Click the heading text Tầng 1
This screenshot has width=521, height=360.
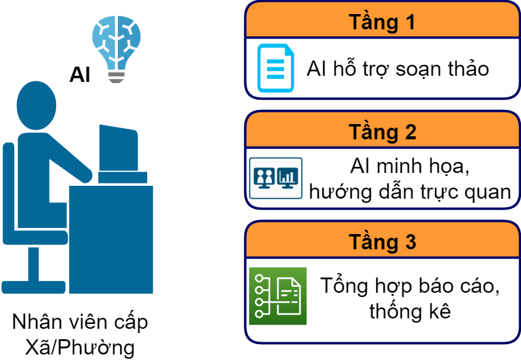point(382,22)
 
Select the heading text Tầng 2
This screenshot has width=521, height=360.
point(382,131)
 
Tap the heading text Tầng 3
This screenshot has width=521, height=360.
point(382,241)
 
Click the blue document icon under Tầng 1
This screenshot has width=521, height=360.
point(275,68)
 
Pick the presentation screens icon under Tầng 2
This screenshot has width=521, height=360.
point(275,178)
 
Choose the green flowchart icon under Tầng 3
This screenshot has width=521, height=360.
point(277,296)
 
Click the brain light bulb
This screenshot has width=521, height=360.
point(117,43)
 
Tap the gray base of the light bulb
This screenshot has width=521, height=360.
point(116,77)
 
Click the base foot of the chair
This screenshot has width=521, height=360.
point(34,286)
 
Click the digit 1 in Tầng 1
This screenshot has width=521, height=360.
point(409,22)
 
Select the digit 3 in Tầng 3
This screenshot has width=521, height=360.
point(409,241)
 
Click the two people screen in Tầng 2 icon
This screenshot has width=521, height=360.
point(264,177)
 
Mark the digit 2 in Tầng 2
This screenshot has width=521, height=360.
point(409,131)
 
